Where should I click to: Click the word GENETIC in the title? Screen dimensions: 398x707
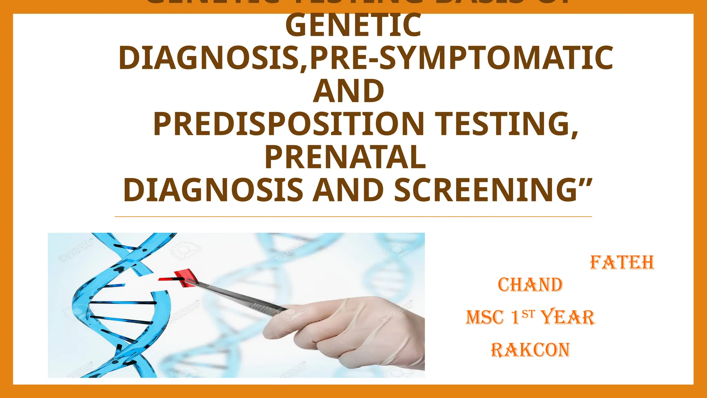(353, 26)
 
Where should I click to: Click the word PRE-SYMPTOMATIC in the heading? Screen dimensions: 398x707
(461, 58)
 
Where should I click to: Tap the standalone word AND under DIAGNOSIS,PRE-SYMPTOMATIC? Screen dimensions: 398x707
(348, 91)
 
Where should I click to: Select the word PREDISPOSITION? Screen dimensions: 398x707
(289, 124)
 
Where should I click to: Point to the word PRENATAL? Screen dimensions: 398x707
(345, 158)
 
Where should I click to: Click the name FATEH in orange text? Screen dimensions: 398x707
(622, 263)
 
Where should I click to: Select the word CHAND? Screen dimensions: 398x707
(530, 285)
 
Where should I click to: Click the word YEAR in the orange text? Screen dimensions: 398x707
(567, 317)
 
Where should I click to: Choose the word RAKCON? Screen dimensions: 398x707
(530, 350)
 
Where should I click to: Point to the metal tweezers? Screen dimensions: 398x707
(238, 296)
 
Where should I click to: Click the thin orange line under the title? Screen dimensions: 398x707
(353, 217)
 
